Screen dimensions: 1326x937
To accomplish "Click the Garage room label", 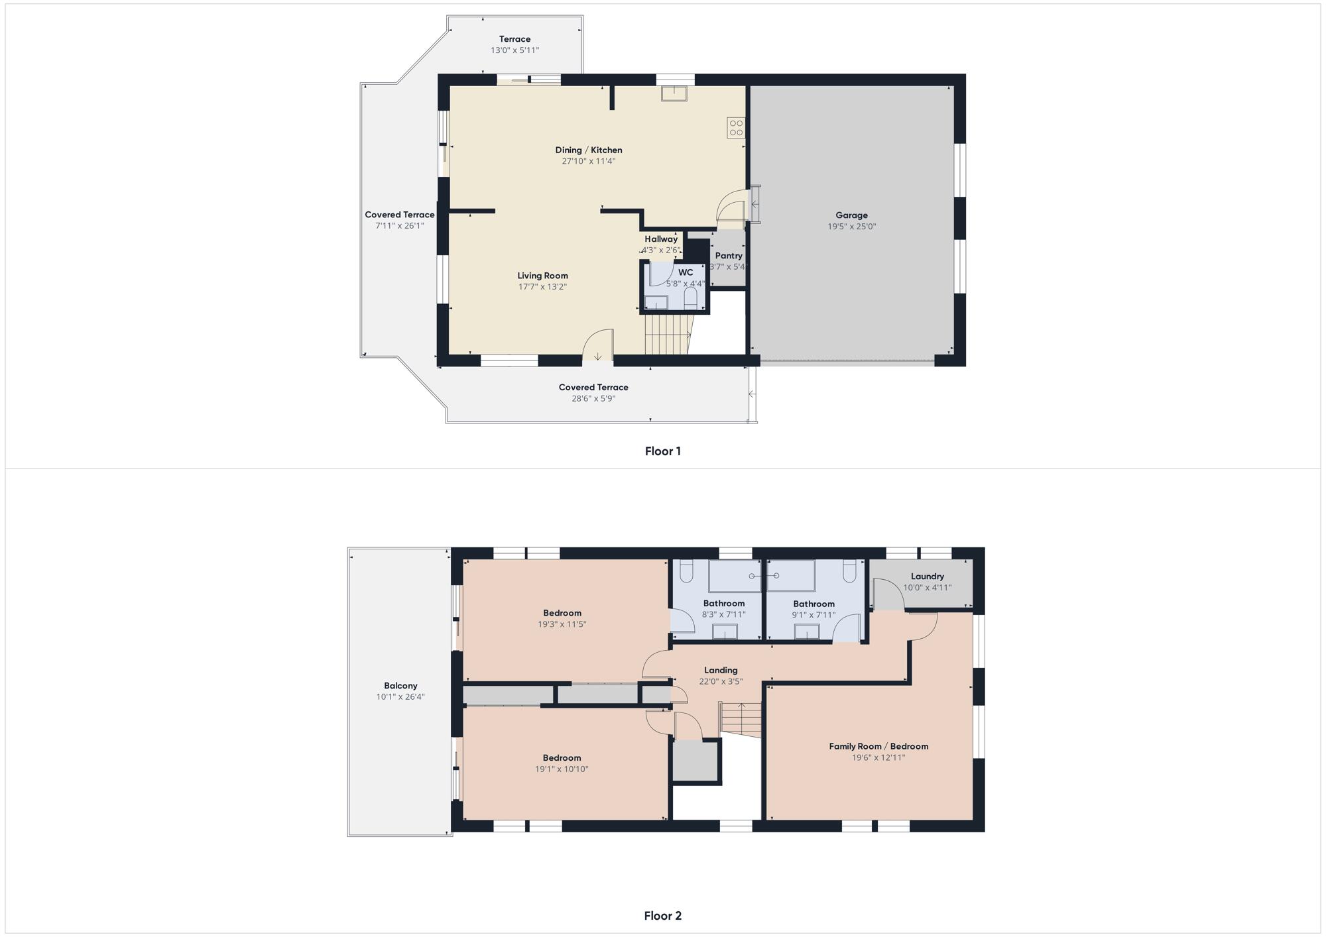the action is click(x=851, y=215).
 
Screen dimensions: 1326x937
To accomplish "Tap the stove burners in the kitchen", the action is click(x=736, y=128).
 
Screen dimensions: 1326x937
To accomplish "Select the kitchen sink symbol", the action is click(x=674, y=94).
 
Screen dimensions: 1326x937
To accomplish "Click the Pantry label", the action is click(x=729, y=256).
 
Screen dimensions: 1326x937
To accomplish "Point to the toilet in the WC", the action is click(x=690, y=298).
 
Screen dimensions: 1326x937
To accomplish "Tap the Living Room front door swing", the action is click(x=597, y=345).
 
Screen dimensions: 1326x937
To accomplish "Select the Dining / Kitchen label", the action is click(x=589, y=150).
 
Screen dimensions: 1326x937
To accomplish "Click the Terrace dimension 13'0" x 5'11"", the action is click(x=515, y=50).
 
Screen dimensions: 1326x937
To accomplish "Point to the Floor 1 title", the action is click(x=663, y=451).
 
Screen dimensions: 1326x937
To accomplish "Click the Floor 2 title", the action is click(x=663, y=916).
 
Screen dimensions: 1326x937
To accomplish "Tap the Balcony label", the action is click(x=400, y=686).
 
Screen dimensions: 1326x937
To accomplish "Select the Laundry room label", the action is click(x=928, y=577).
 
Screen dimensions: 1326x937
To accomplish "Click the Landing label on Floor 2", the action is click(x=721, y=670).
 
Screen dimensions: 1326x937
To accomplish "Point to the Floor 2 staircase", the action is click(x=741, y=719).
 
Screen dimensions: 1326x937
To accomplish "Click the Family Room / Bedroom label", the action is click(x=878, y=746).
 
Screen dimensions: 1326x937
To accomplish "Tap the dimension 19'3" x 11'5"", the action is click(x=562, y=624).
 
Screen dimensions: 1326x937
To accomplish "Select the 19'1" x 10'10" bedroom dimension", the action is click(x=562, y=769).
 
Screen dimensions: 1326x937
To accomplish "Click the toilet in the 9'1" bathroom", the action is click(x=850, y=571).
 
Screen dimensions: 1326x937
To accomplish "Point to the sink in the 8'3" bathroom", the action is click(x=725, y=632).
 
